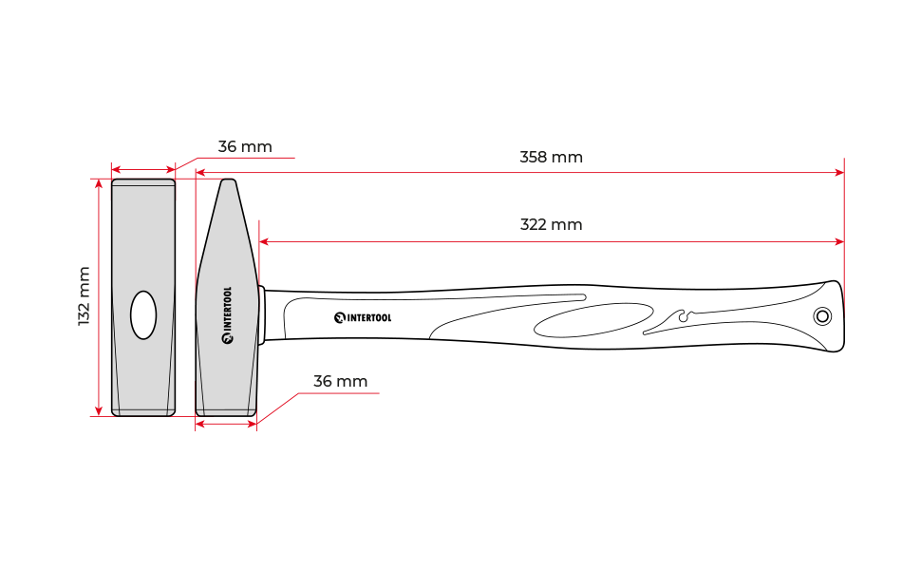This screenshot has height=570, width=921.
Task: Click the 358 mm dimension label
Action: pos(551,158)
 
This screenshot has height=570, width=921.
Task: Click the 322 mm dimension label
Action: pos(551,225)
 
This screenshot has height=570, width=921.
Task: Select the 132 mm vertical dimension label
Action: pos(84,296)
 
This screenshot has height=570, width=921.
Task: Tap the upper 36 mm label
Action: pos(245,147)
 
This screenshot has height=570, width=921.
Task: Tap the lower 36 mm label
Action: pos(341,381)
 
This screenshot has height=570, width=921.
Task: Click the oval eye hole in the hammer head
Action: pos(143,315)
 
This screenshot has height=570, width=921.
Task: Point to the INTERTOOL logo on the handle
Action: pos(363,318)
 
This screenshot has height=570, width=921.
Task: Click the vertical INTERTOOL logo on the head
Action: pos(227,315)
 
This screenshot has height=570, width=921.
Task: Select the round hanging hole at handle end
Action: pos(822,316)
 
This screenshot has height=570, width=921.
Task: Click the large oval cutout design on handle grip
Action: pos(593,320)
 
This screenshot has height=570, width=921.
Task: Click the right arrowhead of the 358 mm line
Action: pos(840,173)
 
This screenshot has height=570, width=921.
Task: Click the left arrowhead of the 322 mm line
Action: pos(264,241)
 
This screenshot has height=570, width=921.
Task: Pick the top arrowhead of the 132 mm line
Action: pos(99,184)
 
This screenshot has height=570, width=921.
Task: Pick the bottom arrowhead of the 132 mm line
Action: pos(99,411)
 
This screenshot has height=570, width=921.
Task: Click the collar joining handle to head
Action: pos(262,315)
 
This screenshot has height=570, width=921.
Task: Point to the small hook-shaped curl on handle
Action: pos(684,315)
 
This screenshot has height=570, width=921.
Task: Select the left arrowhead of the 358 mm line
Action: pos(200,173)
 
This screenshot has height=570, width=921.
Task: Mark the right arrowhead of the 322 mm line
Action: pos(840,241)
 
